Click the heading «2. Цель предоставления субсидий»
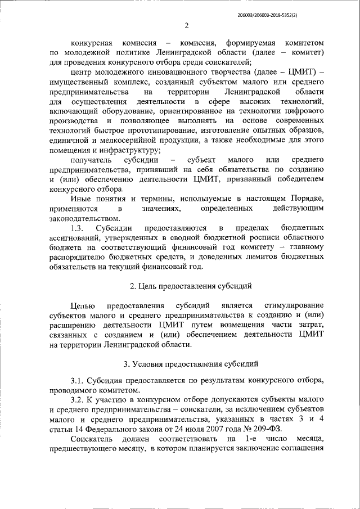tap(186, 286)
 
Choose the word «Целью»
tap(83, 305)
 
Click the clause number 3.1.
tap(79, 381)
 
